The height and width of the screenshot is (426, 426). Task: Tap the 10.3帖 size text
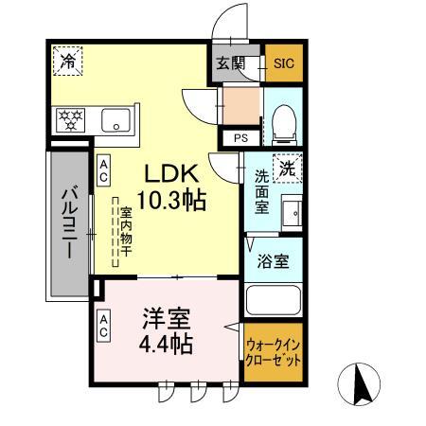pos(170,201)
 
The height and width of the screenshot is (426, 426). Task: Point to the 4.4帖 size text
pos(169,345)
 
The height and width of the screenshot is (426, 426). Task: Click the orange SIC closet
pos(284,63)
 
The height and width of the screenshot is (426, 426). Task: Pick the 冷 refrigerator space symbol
pos(67,61)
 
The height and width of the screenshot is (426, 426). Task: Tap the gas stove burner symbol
pos(72,120)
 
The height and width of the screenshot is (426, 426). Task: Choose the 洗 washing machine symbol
pos(287,168)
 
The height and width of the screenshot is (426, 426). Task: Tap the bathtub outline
pos(274,300)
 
